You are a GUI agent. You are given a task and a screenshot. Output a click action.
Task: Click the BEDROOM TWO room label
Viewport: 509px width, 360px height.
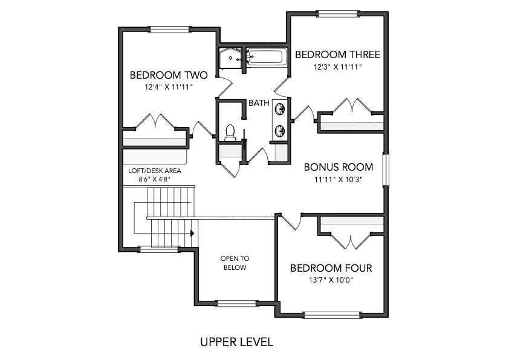[169, 75]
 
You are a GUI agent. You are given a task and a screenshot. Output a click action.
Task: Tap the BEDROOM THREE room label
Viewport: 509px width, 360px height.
[337, 54]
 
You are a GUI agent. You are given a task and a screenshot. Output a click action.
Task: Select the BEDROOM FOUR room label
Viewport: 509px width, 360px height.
[331, 268]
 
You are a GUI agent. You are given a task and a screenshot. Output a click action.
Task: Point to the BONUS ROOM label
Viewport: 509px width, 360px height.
[339, 167]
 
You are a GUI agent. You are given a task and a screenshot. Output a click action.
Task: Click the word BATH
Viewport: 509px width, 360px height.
[259, 103]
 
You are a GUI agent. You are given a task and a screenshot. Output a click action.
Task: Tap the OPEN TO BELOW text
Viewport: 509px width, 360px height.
[235, 263]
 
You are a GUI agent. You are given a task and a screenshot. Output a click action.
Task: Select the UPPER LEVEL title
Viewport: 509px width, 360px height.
[236, 342]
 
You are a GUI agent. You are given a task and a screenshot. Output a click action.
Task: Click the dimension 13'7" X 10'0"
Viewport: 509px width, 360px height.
[331, 280]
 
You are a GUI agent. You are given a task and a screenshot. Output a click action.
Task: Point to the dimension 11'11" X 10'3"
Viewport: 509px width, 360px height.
[339, 179]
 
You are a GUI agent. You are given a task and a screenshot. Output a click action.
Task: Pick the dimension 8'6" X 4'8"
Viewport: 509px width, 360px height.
[155, 179]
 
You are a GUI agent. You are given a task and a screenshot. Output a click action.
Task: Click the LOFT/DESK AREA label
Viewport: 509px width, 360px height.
[155, 171]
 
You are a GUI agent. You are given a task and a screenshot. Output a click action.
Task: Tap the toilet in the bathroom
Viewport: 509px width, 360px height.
[230, 133]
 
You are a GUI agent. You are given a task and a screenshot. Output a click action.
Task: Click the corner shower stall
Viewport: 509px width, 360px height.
[230, 58]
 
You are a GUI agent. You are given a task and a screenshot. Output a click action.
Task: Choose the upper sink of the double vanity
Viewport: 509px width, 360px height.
[280, 109]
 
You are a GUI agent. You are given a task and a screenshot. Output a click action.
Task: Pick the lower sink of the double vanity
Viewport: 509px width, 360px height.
[280, 131]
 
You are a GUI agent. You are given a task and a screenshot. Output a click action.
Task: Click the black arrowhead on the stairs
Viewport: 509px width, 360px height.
[192, 234]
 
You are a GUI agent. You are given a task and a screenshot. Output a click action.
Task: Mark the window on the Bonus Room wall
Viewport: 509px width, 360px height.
[385, 169]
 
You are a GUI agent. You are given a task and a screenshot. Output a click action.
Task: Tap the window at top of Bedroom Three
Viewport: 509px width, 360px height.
[337, 14]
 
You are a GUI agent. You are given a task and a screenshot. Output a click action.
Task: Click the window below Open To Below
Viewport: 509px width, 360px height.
[237, 304]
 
